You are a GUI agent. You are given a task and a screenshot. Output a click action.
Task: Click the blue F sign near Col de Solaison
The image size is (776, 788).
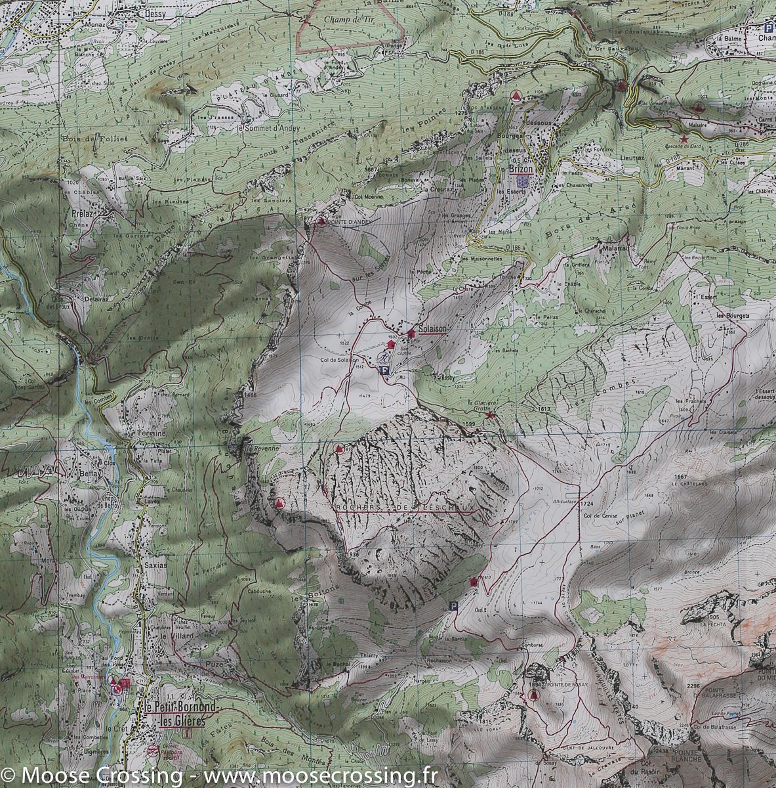[384, 370]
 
